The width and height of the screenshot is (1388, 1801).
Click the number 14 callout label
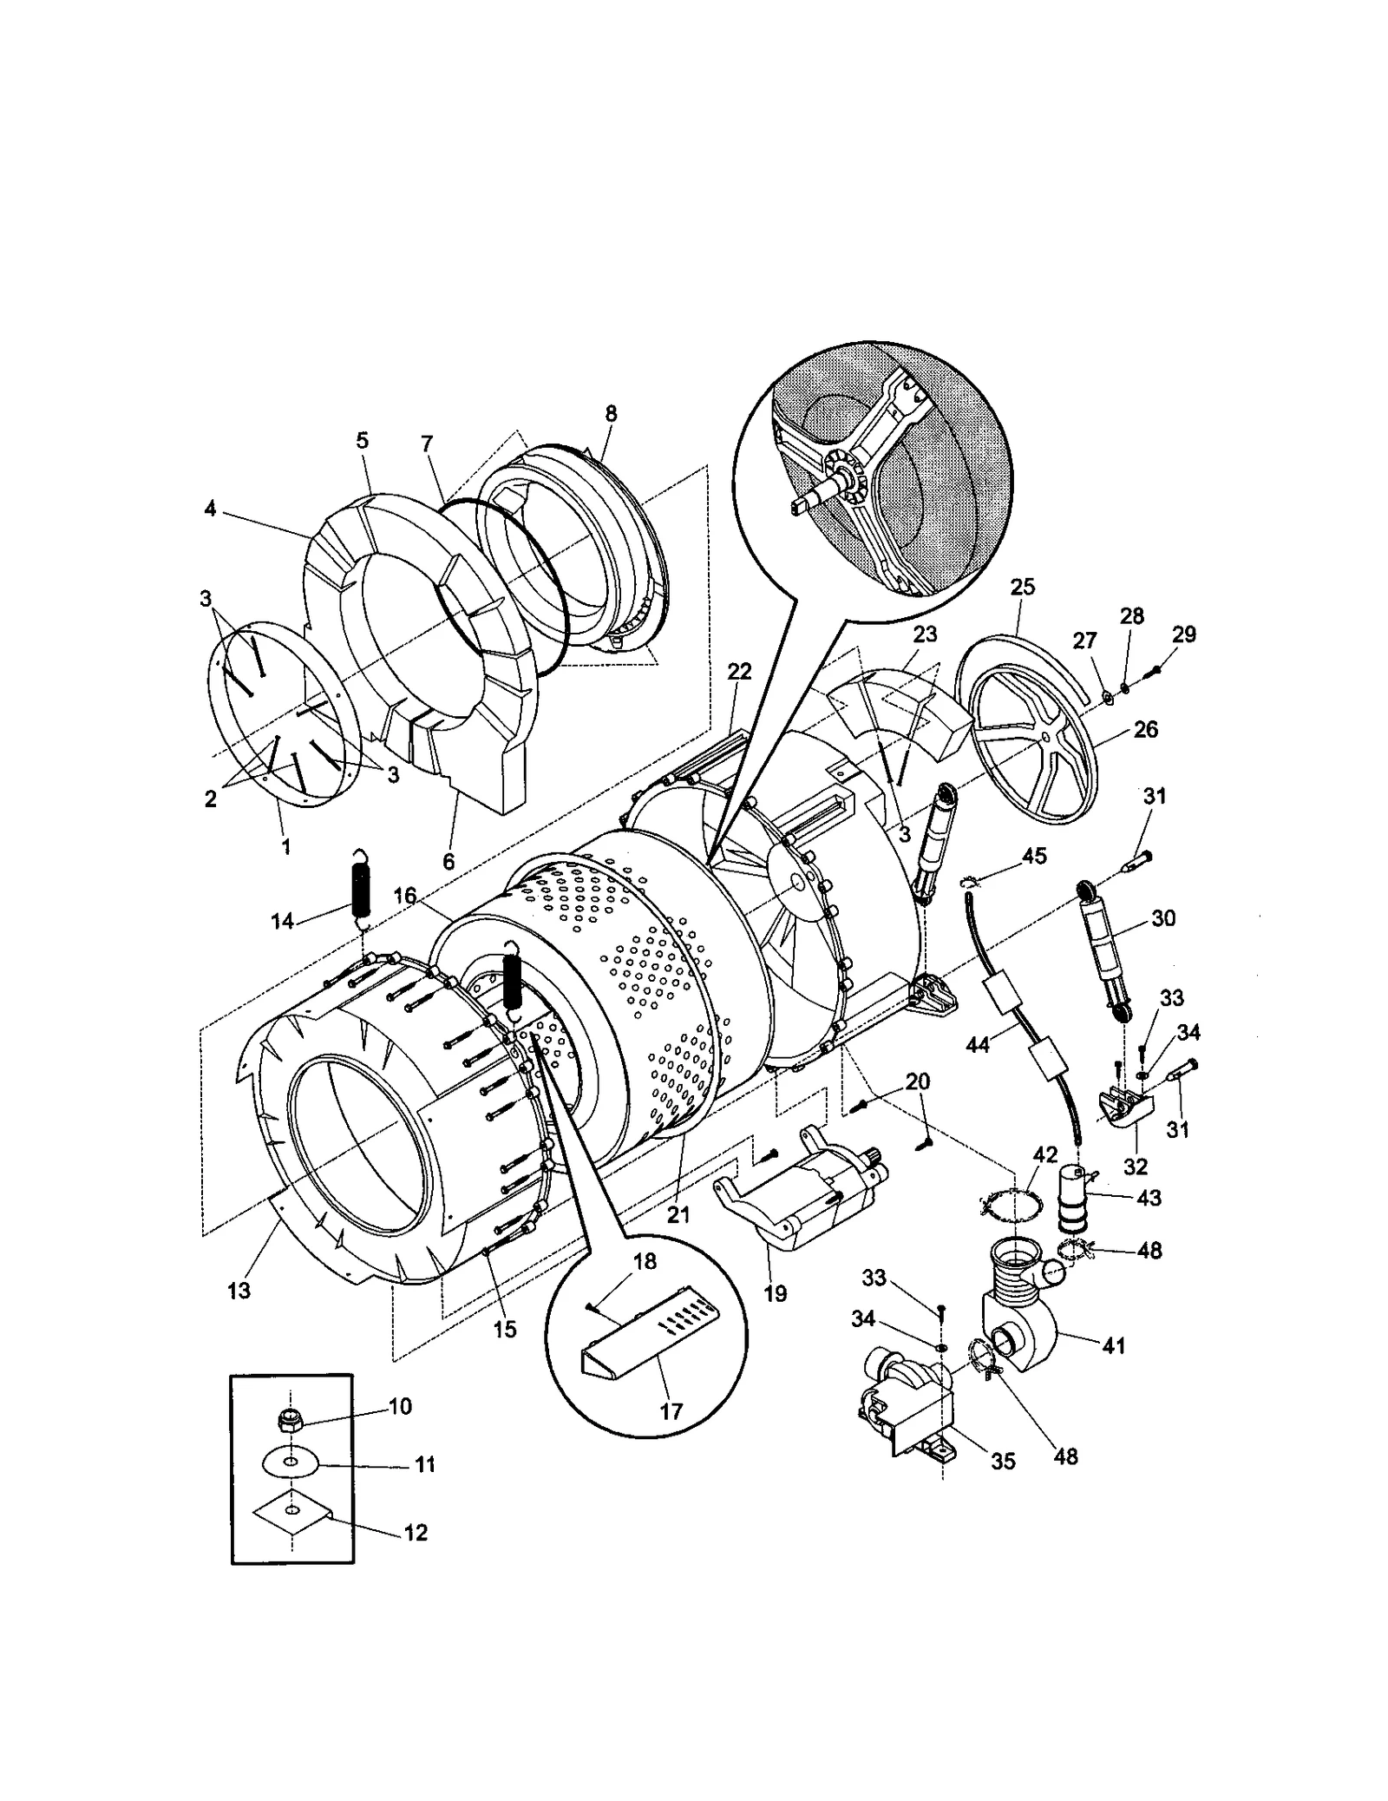click(283, 921)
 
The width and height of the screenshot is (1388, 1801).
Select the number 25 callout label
click(1023, 587)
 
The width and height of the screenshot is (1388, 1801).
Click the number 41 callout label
click(1113, 1345)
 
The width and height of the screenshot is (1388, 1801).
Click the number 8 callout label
click(612, 414)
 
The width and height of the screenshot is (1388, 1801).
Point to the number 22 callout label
click(739, 671)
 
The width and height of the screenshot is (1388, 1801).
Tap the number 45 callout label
click(1034, 856)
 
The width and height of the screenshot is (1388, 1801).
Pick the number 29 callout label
click(1183, 634)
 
